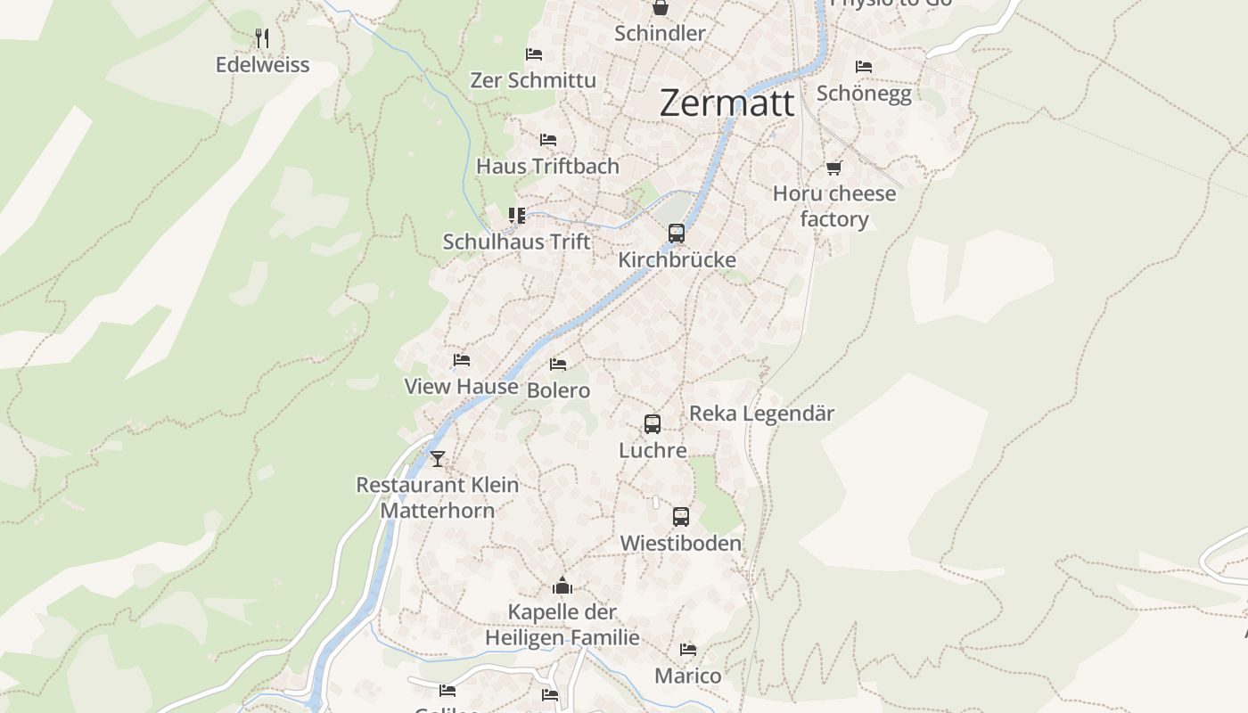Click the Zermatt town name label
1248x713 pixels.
727,103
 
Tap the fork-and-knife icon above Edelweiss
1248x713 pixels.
262,38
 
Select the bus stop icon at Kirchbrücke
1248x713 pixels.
677,234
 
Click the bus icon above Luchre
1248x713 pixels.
653,424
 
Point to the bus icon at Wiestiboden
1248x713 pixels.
681,517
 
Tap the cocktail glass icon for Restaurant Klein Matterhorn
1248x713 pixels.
437,459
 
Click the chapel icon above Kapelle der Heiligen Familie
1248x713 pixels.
562,586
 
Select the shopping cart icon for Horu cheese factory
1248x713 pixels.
834,168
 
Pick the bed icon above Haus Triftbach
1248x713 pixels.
548,140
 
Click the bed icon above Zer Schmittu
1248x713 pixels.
534,54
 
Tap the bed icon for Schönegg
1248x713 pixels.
863,67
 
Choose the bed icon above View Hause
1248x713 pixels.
461,360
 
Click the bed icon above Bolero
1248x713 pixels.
558,365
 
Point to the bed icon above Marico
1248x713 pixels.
687,650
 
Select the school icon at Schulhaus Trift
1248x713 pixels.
517,216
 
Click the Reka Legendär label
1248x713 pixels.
761,414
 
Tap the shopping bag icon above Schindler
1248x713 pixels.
660,8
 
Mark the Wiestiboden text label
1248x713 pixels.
680,543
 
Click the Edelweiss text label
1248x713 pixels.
262,65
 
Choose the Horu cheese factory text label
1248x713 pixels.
834,206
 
